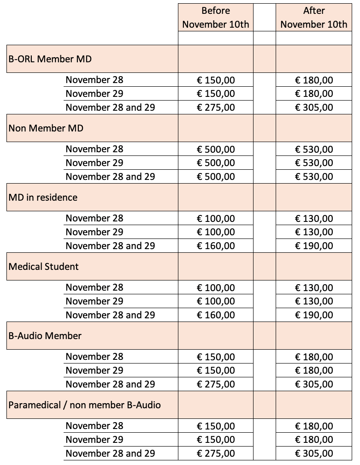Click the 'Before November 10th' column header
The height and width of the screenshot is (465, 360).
click(216, 18)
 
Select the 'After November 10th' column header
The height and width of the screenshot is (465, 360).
click(314, 18)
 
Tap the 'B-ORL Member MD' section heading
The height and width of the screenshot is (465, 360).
click(50, 59)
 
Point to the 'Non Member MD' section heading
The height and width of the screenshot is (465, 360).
click(46, 128)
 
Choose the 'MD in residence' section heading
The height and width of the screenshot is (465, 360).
click(43, 197)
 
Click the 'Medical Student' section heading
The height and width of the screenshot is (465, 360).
click(44, 267)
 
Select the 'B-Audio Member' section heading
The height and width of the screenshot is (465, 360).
click(45, 336)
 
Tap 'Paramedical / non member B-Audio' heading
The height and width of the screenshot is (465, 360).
click(85, 405)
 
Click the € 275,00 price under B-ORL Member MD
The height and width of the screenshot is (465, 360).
click(216, 107)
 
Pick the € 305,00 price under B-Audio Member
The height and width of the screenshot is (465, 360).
click(314, 384)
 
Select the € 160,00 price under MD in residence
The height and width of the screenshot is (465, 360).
click(216, 246)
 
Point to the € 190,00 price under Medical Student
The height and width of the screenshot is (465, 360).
click(314, 315)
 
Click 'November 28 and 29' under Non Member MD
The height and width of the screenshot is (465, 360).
click(110, 177)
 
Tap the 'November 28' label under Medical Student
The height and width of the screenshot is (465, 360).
click(94, 287)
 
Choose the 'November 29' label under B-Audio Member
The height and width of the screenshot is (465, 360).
click(94, 370)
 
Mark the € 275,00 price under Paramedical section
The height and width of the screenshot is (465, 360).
click(216, 453)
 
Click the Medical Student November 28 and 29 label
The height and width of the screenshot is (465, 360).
click(110, 315)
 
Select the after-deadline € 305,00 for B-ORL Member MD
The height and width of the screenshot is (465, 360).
click(314, 107)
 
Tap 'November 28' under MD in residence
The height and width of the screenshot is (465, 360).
click(94, 218)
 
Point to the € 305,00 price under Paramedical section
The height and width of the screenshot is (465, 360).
click(314, 453)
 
